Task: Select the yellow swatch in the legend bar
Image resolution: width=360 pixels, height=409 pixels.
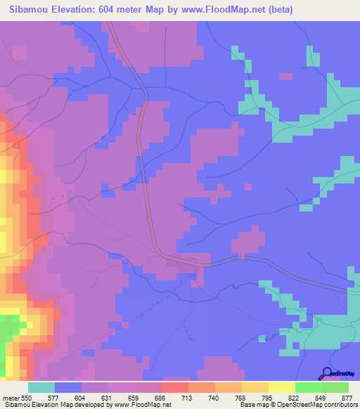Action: (x=281, y=387)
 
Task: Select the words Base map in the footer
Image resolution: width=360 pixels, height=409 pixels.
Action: (x=252, y=405)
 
